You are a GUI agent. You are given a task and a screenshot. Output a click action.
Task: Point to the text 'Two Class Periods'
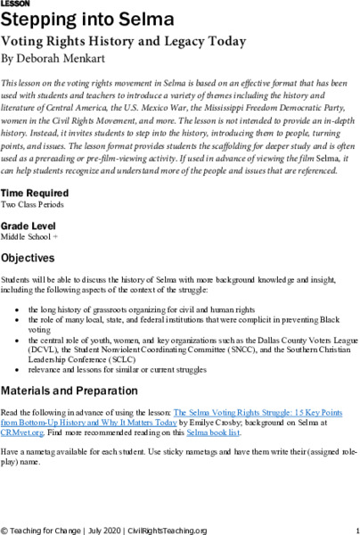[x=34, y=204]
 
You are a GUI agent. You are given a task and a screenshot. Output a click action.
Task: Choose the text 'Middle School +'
[x=30, y=237]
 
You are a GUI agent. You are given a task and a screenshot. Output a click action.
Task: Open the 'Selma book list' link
[x=214, y=431]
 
